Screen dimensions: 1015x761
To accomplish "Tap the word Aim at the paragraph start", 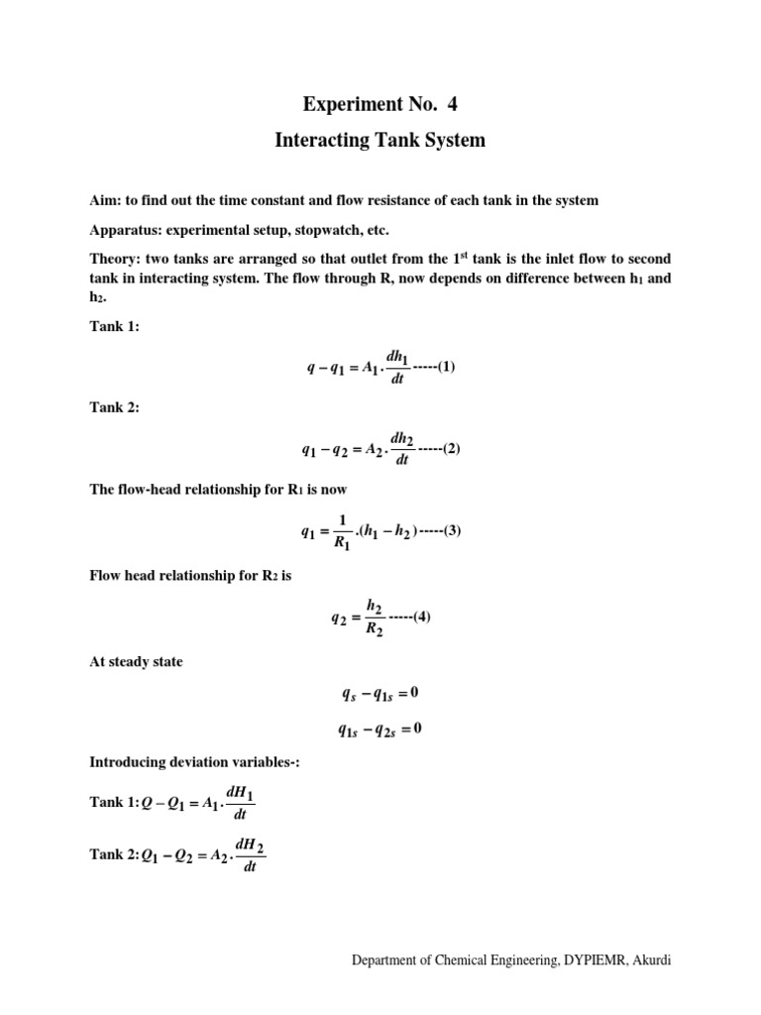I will pos(104,200).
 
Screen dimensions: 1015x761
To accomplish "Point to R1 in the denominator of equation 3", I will pos(342,543).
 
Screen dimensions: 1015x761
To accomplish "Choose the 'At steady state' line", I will pos(136,662).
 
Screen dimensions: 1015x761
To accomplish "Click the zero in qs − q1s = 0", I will pos(415,692).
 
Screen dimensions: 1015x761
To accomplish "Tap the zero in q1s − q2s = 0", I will pos(417,730).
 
